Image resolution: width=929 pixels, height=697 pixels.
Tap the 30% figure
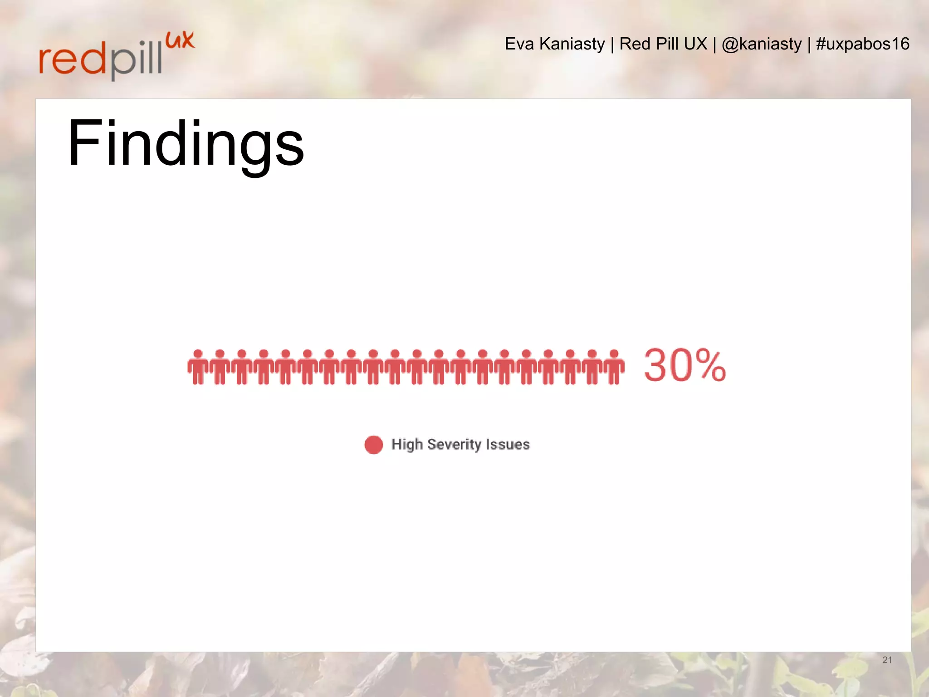point(685,365)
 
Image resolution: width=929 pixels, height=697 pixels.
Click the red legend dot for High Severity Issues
point(374,445)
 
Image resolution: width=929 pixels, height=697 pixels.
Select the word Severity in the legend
point(454,444)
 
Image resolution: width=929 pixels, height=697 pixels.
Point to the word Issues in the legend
point(508,444)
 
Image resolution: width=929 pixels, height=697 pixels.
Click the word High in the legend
point(407,444)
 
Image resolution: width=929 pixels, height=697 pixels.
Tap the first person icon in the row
point(198,367)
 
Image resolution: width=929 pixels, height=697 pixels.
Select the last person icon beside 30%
point(614,367)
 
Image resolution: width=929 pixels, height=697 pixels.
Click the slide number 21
point(887,660)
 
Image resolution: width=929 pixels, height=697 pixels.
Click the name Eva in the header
point(519,44)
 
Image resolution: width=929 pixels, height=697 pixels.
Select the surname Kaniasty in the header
point(572,44)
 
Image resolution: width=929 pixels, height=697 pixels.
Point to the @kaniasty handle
point(762,44)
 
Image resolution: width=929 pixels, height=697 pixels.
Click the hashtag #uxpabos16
point(863,44)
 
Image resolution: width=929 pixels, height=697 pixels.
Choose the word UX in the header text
point(695,44)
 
